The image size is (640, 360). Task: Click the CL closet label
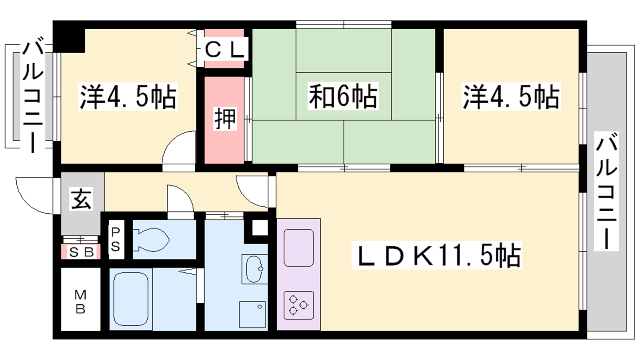(x=225, y=51)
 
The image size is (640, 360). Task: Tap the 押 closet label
(x=226, y=119)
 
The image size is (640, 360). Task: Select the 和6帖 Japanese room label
(x=343, y=96)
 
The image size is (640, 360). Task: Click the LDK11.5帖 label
(x=436, y=255)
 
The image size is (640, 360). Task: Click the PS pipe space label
(x=116, y=240)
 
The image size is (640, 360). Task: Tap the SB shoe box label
(x=81, y=252)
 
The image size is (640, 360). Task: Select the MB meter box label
(x=80, y=302)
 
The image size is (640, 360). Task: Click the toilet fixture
(x=152, y=240)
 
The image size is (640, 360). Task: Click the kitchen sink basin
(x=298, y=248)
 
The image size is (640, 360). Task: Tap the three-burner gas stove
(x=298, y=305)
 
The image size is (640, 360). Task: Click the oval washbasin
(x=254, y=269)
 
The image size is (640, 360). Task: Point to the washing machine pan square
(x=252, y=314)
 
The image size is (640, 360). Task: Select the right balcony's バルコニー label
(x=606, y=192)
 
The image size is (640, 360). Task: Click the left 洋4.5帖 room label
(x=128, y=96)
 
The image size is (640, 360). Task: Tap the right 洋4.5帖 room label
(x=511, y=96)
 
